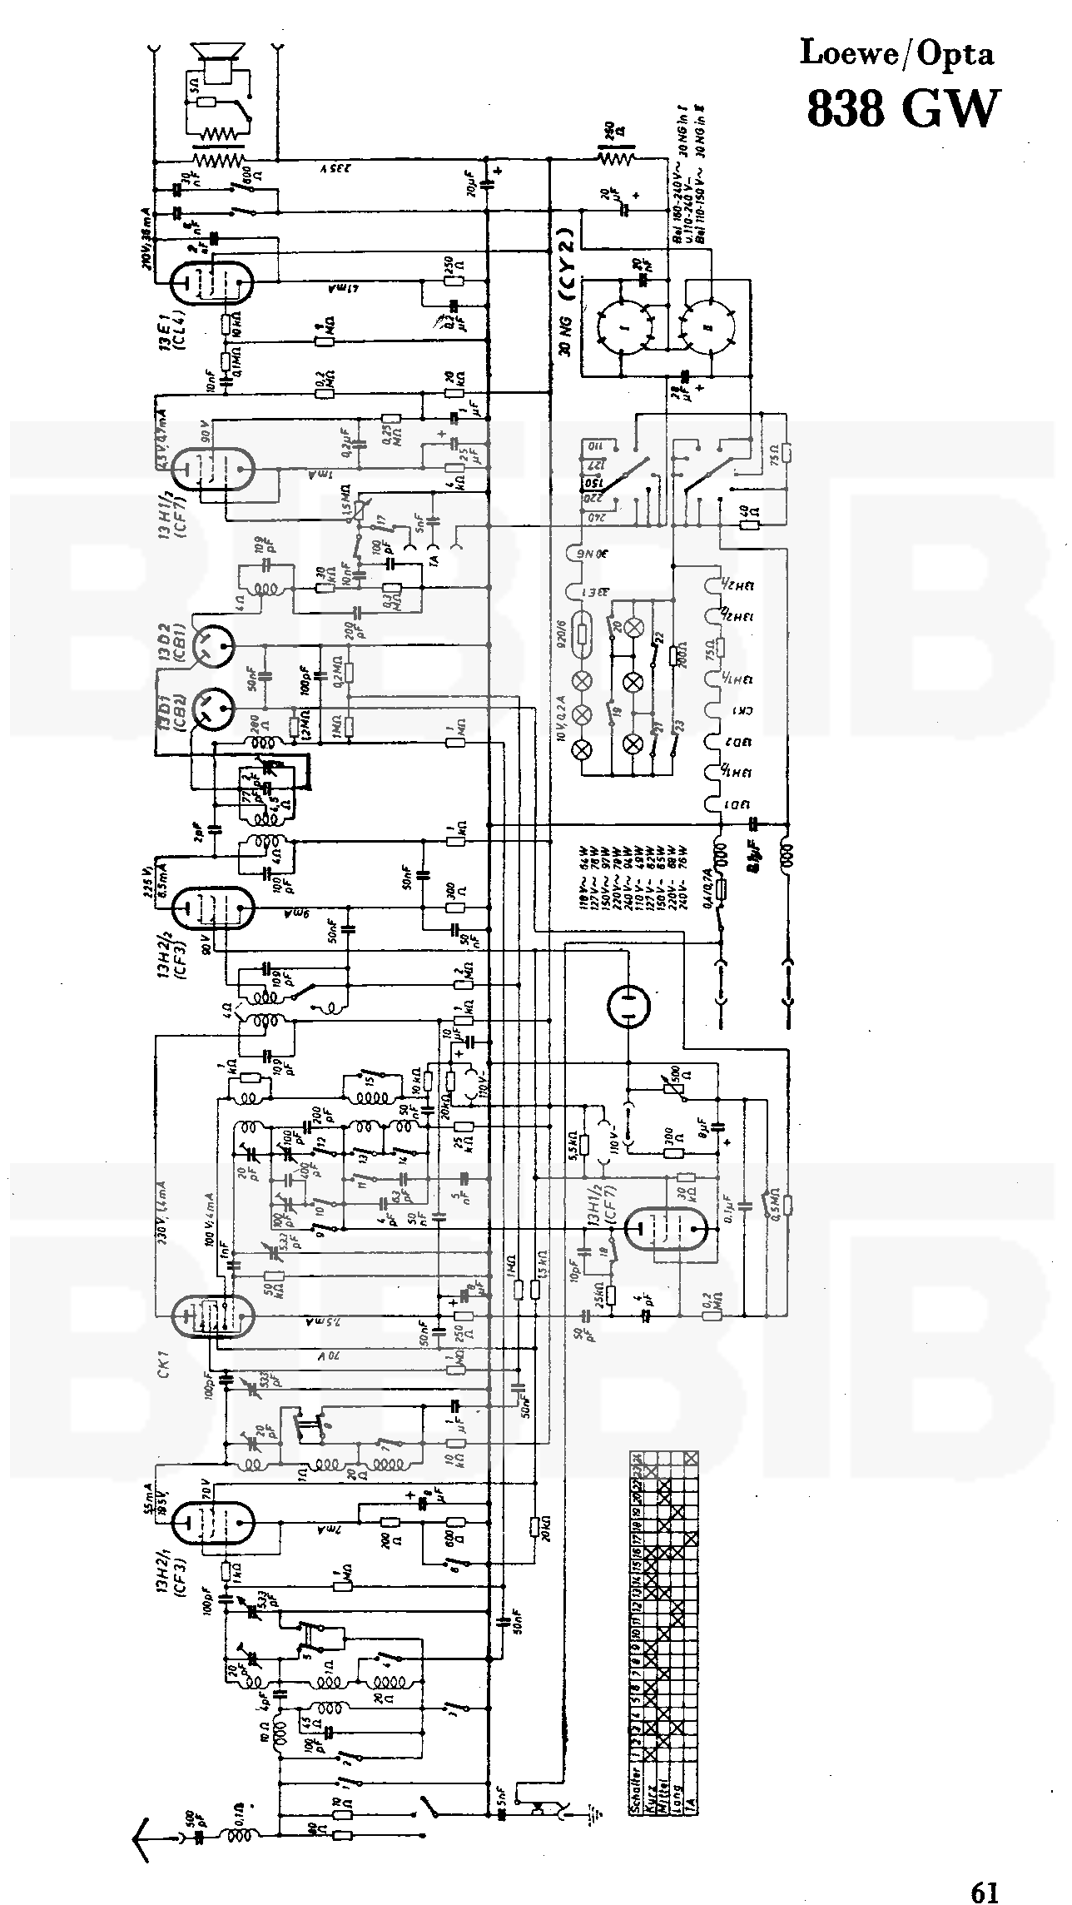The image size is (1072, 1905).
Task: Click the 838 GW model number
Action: click(901, 108)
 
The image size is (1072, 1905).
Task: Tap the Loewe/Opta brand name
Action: click(896, 53)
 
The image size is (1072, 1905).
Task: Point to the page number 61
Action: click(984, 1868)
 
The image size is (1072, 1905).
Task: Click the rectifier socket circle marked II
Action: click(709, 326)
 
